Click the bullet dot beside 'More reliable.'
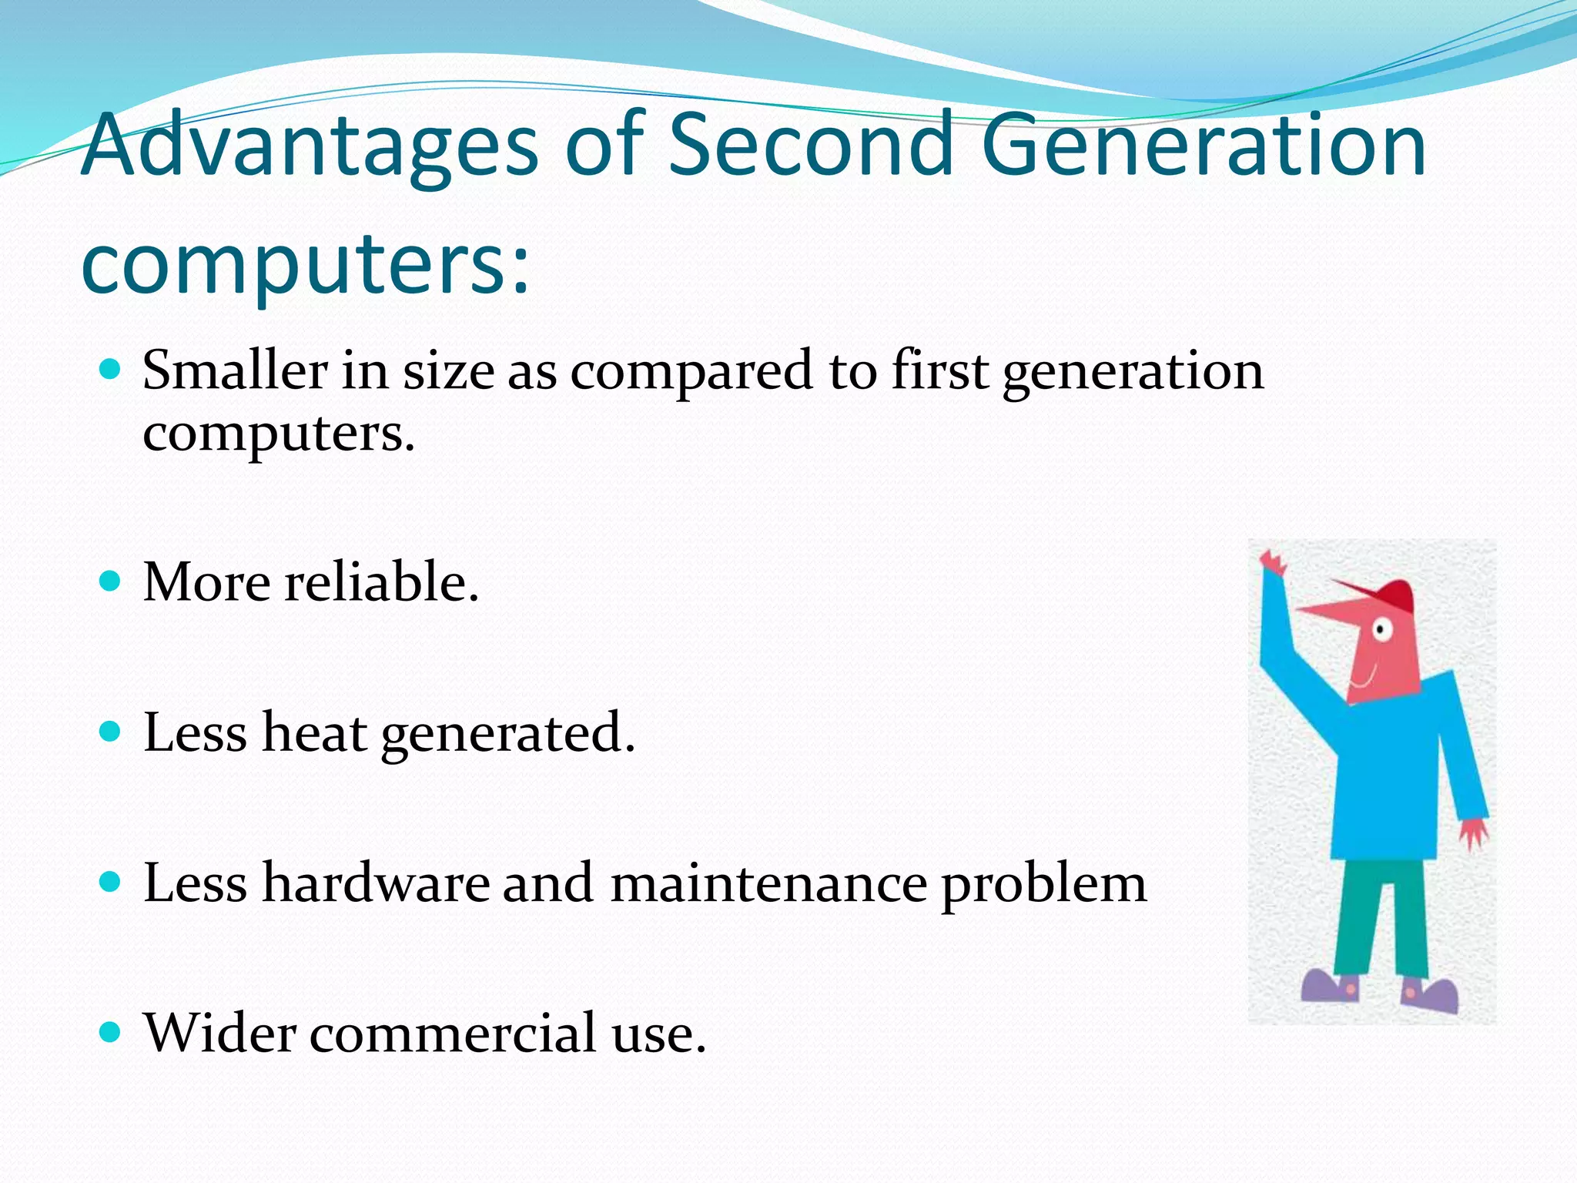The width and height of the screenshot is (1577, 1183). tap(111, 580)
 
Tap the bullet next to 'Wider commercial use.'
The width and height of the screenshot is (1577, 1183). tap(111, 1031)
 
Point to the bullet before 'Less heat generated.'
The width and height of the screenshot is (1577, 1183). tap(111, 730)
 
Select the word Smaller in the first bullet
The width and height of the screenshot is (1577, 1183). tap(235, 370)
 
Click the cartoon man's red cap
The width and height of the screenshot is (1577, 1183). tap(1390, 595)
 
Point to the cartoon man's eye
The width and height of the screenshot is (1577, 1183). tap(1381, 631)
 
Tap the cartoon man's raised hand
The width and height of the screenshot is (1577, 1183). tap(1273, 562)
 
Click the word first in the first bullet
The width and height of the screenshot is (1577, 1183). tap(939, 370)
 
